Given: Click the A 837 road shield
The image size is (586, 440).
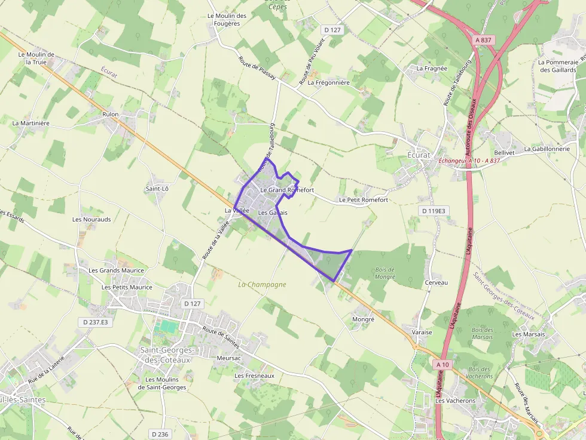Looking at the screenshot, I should [x=484, y=39].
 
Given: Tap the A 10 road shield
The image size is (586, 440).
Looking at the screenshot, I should [x=442, y=364].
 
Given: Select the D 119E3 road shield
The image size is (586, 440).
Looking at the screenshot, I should [x=434, y=211].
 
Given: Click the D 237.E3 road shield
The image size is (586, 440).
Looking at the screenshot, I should [x=96, y=322].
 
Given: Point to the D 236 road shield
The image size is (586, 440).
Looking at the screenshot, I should [x=160, y=434].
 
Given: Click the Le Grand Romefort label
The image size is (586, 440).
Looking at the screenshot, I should [x=287, y=190].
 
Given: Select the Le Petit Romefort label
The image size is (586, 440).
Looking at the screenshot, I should [x=363, y=199].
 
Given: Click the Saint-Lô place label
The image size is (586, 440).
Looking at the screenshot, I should [x=157, y=189].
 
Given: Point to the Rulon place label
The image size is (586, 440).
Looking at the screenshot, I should [x=111, y=114].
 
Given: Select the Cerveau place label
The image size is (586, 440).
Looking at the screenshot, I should [x=436, y=282].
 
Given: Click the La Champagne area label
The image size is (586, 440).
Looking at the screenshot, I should [x=262, y=285].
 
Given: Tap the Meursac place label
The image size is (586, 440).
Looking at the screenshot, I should [x=229, y=358].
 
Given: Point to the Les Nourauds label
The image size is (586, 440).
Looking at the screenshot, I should [x=91, y=219].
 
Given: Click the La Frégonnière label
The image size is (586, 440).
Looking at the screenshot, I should [x=328, y=82].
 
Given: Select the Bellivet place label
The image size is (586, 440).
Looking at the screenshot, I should [x=505, y=153].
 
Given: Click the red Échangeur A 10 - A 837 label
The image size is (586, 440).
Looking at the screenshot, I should [x=469, y=161].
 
